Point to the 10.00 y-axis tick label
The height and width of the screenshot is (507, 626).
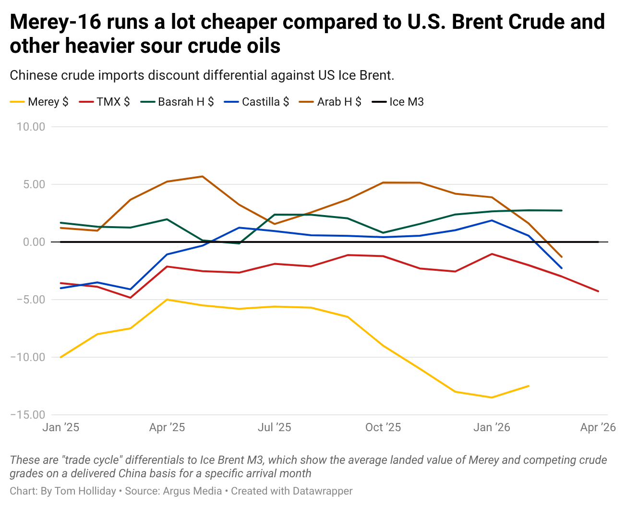(x=31, y=127)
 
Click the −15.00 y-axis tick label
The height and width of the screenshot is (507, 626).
(x=27, y=415)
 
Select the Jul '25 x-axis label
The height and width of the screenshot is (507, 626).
(x=275, y=427)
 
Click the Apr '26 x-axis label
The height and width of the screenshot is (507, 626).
(x=598, y=427)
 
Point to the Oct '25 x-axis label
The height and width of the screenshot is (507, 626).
(x=383, y=427)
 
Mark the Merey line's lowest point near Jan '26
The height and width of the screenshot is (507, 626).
(x=492, y=398)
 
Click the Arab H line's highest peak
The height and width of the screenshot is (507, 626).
(x=202, y=176)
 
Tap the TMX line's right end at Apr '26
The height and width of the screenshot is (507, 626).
(x=598, y=291)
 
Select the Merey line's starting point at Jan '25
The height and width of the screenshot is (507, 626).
(x=60, y=357)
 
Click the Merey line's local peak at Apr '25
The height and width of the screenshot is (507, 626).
(x=167, y=300)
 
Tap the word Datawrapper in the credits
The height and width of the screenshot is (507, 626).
(x=323, y=491)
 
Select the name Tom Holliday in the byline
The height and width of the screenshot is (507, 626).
(x=85, y=491)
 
